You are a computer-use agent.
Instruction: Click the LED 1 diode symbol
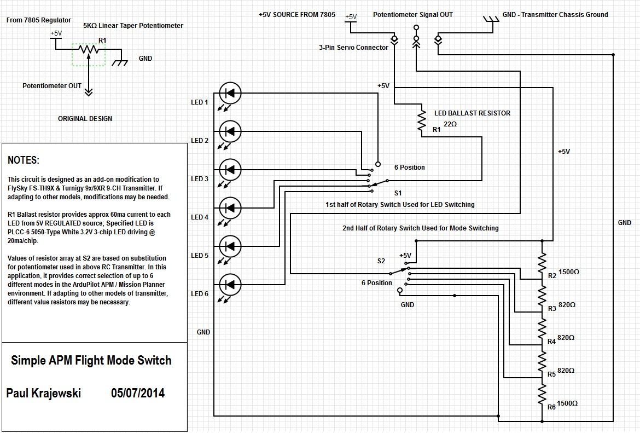(x=230, y=93)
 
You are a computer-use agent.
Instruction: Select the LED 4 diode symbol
(x=230, y=208)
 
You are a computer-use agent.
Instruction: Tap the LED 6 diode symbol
(x=230, y=285)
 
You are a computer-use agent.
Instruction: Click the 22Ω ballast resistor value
(x=450, y=124)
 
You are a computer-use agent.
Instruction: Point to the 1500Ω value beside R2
(x=569, y=272)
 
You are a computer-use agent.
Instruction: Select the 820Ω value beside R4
(x=566, y=338)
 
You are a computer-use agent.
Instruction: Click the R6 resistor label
(x=551, y=407)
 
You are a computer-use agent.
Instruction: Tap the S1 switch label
(x=398, y=193)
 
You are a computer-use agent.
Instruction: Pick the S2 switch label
(x=381, y=261)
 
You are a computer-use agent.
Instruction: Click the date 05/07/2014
(x=138, y=393)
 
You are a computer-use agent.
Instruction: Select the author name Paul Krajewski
(x=44, y=393)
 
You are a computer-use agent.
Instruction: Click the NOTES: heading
(x=24, y=160)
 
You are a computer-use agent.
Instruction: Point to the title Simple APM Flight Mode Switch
(x=91, y=360)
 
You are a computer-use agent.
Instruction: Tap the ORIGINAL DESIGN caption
(x=85, y=118)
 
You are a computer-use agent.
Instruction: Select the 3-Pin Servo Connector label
(x=353, y=48)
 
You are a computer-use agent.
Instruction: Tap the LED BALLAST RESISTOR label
(x=472, y=113)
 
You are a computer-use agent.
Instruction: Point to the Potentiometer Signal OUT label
(x=413, y=15)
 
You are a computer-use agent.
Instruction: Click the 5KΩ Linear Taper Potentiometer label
(x=133, y=25)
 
